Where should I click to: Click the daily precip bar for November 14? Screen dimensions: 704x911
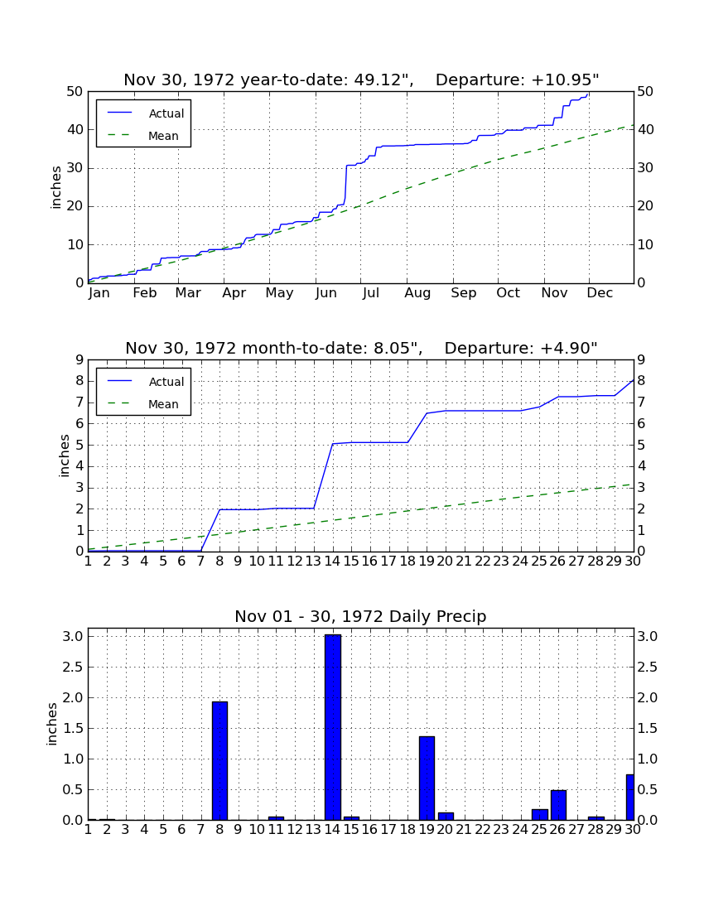pos(333,727)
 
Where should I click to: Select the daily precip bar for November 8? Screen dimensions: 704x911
pos(219,760)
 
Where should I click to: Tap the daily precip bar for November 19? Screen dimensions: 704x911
pos(427,778)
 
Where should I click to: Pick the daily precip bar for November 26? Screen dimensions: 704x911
pos(558,805)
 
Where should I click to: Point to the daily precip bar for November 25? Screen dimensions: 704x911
pos(540,814)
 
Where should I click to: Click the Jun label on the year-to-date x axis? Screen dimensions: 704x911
pos(325,293)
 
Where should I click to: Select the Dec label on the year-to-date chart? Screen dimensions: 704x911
pos(600,293)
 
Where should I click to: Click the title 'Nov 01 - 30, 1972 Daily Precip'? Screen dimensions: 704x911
pos(360,616)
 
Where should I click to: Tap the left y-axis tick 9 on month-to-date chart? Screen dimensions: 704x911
pos(80,360)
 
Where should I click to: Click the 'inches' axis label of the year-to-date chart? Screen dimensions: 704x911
pos(55,187)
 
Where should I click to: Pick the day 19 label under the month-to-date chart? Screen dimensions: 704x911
pos(427,562)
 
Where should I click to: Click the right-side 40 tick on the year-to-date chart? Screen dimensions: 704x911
pos(645,129)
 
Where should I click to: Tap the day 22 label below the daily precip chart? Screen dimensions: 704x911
pos(483,830)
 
